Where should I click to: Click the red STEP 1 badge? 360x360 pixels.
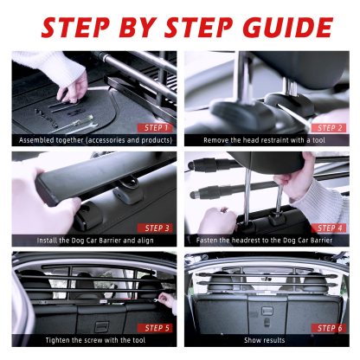157,127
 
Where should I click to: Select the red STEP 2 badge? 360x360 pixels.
330,127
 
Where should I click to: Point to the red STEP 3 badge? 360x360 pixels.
157,228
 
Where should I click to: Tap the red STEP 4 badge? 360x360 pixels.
330,228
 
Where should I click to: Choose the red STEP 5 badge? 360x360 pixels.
157,328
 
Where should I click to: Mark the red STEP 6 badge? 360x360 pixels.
330,328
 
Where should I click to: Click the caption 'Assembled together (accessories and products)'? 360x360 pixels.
93,139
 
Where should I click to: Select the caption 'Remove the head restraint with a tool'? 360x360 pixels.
267,139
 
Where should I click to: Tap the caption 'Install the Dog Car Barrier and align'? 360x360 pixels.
93,240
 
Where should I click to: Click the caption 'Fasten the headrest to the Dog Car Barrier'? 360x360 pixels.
267,240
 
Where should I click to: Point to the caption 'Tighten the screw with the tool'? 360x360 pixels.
93,340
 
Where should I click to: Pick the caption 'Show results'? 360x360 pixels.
267,340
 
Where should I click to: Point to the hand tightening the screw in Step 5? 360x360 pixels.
167,302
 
